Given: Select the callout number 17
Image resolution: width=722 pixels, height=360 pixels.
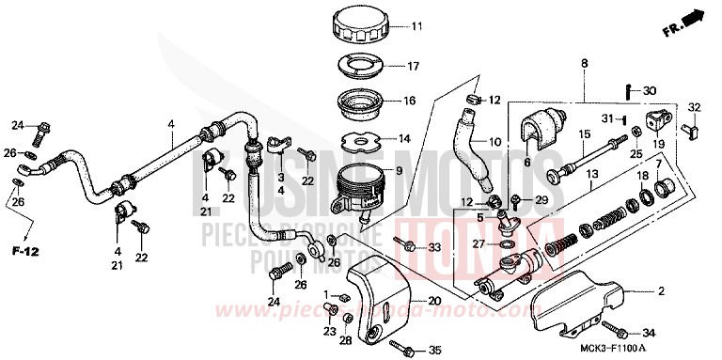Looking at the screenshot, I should pos(411,66).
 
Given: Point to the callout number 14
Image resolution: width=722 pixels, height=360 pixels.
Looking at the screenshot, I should pos(404,138).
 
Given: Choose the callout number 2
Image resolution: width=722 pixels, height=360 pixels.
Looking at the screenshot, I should pos(661,292).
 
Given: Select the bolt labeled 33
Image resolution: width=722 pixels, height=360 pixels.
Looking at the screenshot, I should pos(411,247).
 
